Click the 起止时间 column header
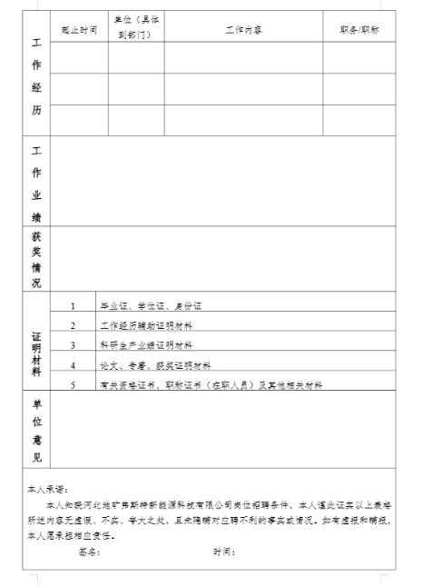click(79, 30)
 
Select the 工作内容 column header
click(243, 30)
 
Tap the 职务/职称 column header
click(359, 30)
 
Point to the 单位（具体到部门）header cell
click(136, 29)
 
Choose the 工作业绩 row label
click(36, 182)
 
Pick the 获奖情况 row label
click(36, 259)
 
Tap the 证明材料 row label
click(36, 344)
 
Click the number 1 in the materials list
click(73, 305)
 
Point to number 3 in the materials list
click(73, 345)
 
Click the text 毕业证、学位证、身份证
click(150, 305)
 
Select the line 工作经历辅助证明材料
click(152, 325)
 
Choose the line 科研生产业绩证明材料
click(152, 345)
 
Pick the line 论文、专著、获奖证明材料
click(155, 365)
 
